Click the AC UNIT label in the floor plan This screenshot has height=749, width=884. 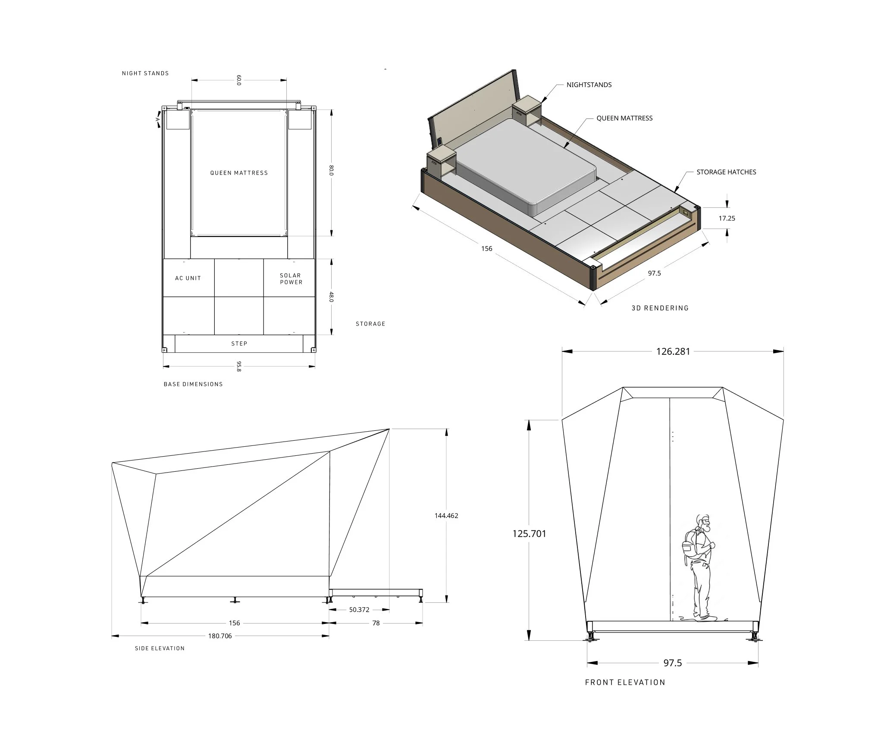pyautogui.click(x=188, y=278)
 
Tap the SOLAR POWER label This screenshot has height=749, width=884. pyautogui.click(x=291, y=279)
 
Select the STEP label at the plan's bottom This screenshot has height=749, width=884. pyautogui.click(x=239, y=344)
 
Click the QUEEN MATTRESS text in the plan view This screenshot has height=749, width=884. pyautogui.click(x=239, y=173)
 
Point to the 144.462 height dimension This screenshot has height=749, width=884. pyautogui.click(x=446, y=515)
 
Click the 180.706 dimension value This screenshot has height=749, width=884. pyautogui.click(x=220, y=636)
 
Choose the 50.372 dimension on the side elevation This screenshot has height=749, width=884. pyautogui.click(x=359, y=610)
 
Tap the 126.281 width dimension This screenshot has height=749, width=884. pyautogui.click(x=673, y=351)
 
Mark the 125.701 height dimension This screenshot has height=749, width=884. pyautogui.click(x=529, y=533)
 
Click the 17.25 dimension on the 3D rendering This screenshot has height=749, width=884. pyautogui.click(x=727, y=218)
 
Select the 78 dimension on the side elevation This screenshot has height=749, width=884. pyautogui.click(x=376, y=623)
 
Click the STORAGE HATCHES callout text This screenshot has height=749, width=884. pyautogui.click(x=726, y=172)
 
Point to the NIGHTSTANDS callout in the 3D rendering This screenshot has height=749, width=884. pyautogui.click(x=589, y=85)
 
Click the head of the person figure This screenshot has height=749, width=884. pyautogui.click(x=703, y=523)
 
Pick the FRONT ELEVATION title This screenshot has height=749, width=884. pyautogui.click(x=625, y=682)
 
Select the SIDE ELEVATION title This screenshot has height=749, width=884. pyautogui.click(x=160, y=648)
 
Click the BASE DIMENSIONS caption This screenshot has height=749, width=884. pyautogui.click(x=193, y=384)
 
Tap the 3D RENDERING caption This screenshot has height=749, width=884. pyautogui.click(x=660, y=308)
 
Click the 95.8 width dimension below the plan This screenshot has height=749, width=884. pyautogui.click(x=239, y=367)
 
